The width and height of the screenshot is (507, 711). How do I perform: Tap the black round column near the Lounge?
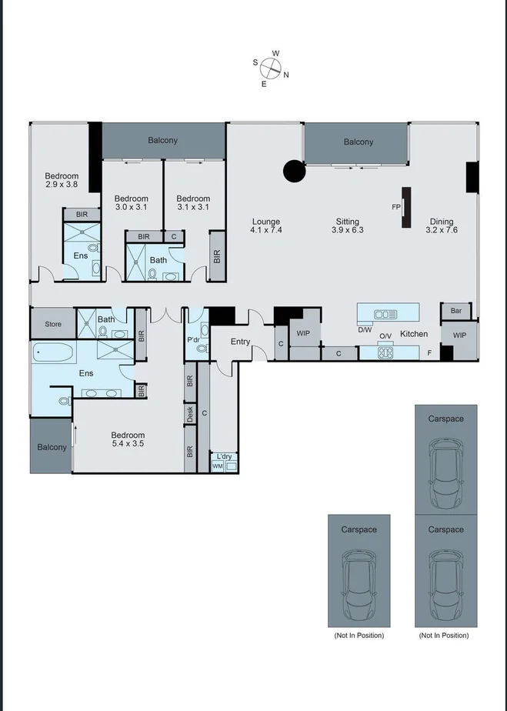[x=294, y=171]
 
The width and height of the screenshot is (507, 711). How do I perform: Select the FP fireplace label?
[x=396, y=207]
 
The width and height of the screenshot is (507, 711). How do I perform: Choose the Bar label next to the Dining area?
[x=455, y=311]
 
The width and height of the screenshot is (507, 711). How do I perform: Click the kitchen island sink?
[x=383, y=314]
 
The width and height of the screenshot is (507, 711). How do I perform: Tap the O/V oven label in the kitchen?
[x=385, y=335]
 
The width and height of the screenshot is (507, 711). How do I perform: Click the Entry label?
[x=240, y=342]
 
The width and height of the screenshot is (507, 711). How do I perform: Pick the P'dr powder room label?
[x=193, y=340]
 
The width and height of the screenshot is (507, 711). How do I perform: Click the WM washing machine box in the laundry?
[x=217, y=466]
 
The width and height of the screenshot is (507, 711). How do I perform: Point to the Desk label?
[x=190, y=414]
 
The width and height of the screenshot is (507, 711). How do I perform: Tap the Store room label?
[x=52, y=324]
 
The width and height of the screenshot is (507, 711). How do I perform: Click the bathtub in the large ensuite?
[x=53, y=355]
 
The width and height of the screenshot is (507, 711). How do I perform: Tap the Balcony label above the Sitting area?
[x=358, y=142]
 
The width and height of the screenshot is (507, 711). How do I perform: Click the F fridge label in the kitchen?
[x=429, y=352]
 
